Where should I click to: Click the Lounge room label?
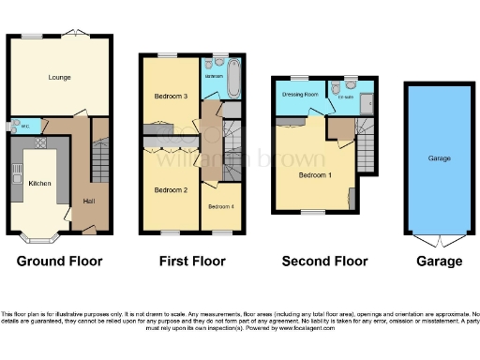pos(59,77)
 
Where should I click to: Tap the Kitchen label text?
pos(38,183)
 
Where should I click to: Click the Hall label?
pos(89,201)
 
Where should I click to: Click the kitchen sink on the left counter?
pos(16,174)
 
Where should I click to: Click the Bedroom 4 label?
pos(220,205)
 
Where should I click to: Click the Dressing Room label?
pos(301,95)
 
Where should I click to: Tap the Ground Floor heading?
pos(60,261)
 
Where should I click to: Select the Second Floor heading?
pos(323,261)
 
